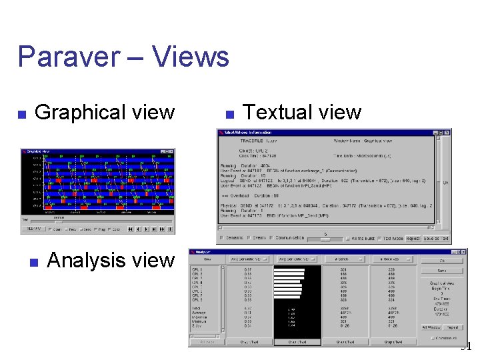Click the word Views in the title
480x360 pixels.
coord(190,57)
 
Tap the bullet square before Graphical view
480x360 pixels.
coord(22,115)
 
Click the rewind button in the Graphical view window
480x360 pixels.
coord(131,229)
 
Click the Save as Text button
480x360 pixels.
coord(437,238)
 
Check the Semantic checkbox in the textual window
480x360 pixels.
coord(222,238)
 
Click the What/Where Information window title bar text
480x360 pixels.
coord(250,133)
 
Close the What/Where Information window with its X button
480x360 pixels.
coord(447,133)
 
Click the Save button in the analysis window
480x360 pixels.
coord(442,271)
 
